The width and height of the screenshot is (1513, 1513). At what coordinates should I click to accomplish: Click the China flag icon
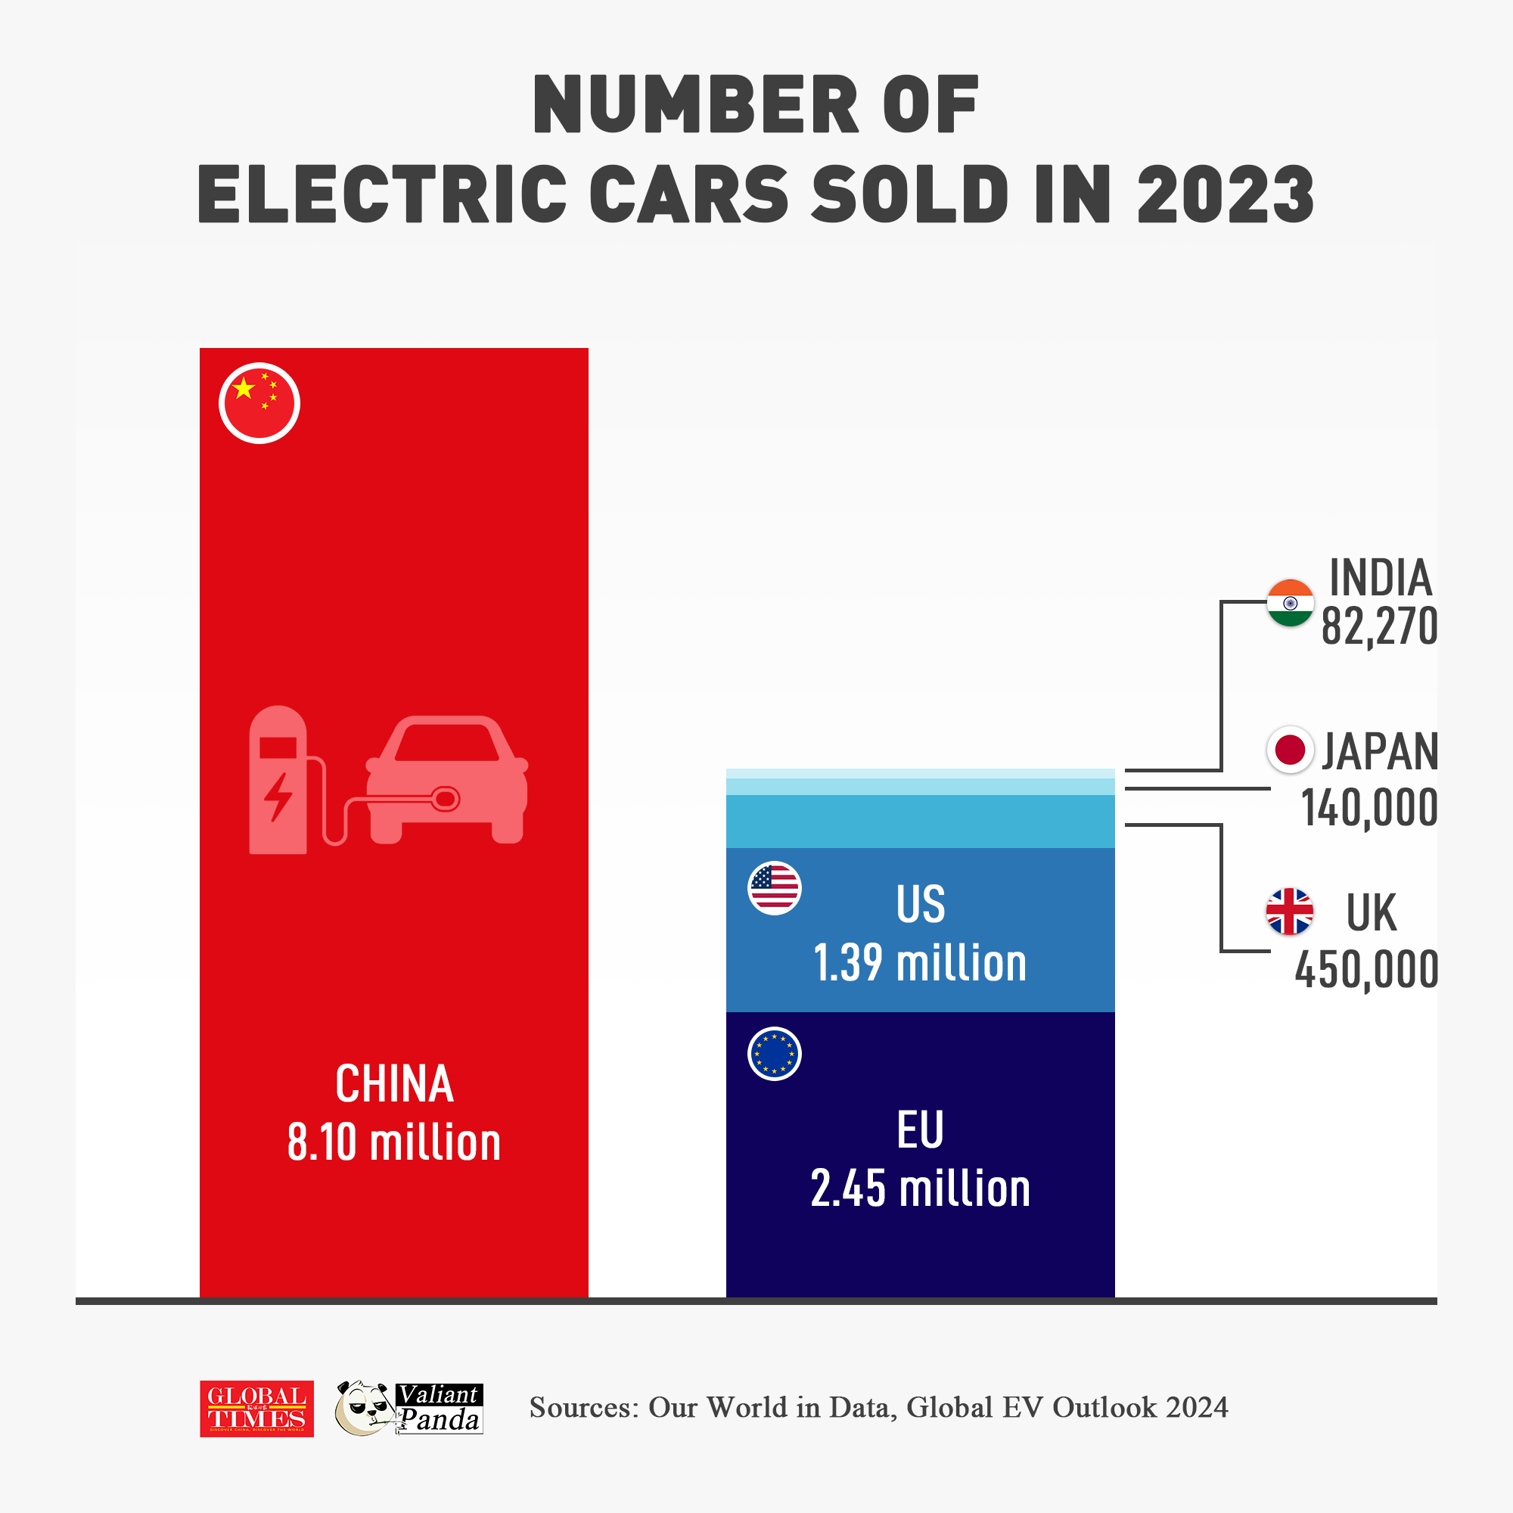(x=259, y=402)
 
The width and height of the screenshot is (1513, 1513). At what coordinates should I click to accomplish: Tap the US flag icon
(x=774, y=888)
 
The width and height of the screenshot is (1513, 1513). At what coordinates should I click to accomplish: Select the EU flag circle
(x=774, y=1053)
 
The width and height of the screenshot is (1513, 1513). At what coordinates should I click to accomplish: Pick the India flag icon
(x=1290, y=603)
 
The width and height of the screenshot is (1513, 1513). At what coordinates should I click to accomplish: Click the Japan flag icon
(x=1289, y=750)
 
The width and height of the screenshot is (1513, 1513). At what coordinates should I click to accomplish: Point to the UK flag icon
(x=1289, y=912)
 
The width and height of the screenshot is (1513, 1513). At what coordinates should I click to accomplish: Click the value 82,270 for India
(x=1379, y=626)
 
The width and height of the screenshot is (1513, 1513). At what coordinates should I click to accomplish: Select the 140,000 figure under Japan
(x=1369, y=807)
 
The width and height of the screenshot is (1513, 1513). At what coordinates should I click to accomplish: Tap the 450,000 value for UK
(x=1365, y=970)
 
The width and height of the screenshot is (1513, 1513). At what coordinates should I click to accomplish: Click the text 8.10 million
(x=394, y=1142)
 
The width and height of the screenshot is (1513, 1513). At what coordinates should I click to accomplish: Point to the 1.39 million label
(x=920, y=962)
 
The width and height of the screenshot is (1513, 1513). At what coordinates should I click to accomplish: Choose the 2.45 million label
(x=920, y=1188)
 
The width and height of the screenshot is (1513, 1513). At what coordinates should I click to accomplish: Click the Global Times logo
(x=257, y=1408)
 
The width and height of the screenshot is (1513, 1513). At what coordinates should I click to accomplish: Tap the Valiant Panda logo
(x=409, y=1408)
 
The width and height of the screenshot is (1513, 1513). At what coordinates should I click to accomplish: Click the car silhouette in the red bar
(x=446, y=779)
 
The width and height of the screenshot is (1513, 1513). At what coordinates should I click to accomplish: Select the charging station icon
(x=278, y=779)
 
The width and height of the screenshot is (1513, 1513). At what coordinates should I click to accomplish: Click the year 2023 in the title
(x=1225, y=194)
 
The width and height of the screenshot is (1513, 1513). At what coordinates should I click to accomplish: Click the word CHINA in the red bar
(x=394, y=1084)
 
